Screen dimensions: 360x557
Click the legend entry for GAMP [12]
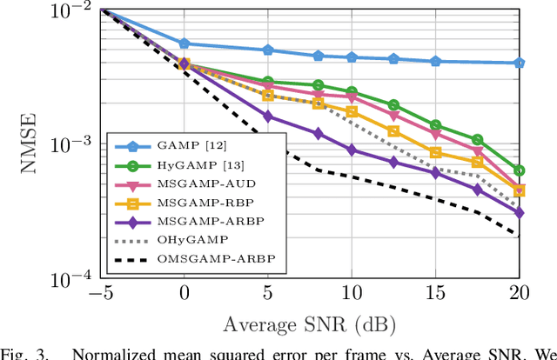[x=188, y=147]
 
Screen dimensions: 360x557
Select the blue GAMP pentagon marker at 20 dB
[x=520, y=63]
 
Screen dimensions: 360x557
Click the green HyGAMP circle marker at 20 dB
[x=520, y=170]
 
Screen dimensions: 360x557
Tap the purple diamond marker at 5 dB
[x=267, y=117]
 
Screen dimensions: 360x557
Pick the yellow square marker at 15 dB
[x=435, y=153]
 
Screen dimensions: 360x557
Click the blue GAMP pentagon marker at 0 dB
[x=184, y=43]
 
